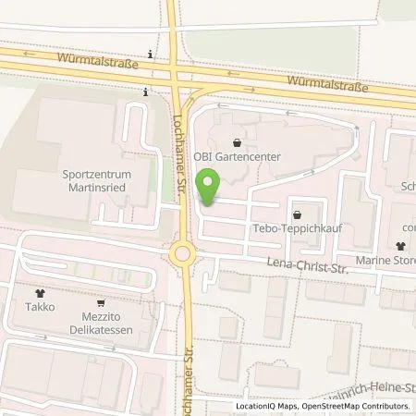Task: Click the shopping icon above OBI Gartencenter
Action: (x=239, y=143)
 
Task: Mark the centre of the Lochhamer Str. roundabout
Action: (x=182, y=251)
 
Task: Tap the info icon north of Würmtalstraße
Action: (x=148, y=55)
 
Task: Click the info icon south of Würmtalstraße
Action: (x=145, y=92)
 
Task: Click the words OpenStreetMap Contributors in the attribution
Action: (x=360, y=406)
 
